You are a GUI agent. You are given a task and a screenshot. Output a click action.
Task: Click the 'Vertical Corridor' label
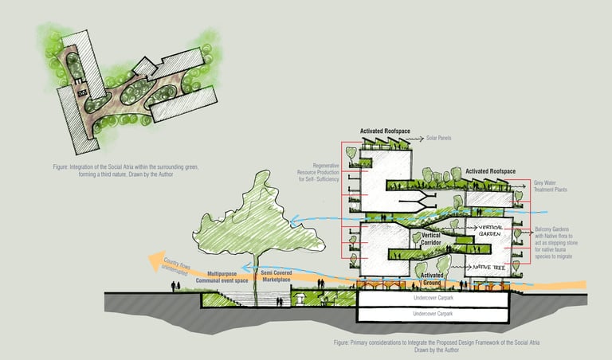pos(426,240)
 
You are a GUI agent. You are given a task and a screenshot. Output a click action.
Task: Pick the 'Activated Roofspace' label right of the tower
pos(489,171)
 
